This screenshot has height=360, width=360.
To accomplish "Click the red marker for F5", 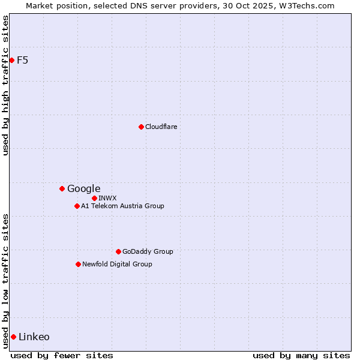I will pos(11,60).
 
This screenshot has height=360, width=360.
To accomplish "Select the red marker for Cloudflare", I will pos(141,127).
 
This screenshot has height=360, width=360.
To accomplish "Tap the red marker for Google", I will pos(62,188).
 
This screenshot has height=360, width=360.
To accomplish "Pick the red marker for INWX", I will pos(94,198).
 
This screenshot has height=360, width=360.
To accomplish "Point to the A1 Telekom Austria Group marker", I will pos(77,206).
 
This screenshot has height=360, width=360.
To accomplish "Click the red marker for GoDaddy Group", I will pos(118,251).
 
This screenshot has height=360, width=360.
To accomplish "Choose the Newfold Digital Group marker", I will pos(78,264).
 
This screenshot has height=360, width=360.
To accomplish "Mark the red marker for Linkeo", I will pos(13,337).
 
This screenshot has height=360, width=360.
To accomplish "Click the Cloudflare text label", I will pos(161,127).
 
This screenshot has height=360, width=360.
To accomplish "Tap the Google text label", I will pos(83,188).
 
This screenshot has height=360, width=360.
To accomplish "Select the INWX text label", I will pos(107,198).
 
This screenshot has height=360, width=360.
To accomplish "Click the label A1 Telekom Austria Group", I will pos(122,206).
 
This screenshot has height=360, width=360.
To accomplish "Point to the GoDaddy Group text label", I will pos(148,251).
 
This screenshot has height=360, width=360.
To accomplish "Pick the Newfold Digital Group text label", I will pos(117,264).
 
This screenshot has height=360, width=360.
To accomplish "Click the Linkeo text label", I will pos(34,337).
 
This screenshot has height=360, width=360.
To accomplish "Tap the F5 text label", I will pos(22,60).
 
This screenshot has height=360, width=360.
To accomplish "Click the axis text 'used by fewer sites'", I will pos(62,355).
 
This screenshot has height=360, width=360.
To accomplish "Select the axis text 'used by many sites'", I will pos(301,355).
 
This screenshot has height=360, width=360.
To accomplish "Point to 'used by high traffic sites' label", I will pos(5,85).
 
